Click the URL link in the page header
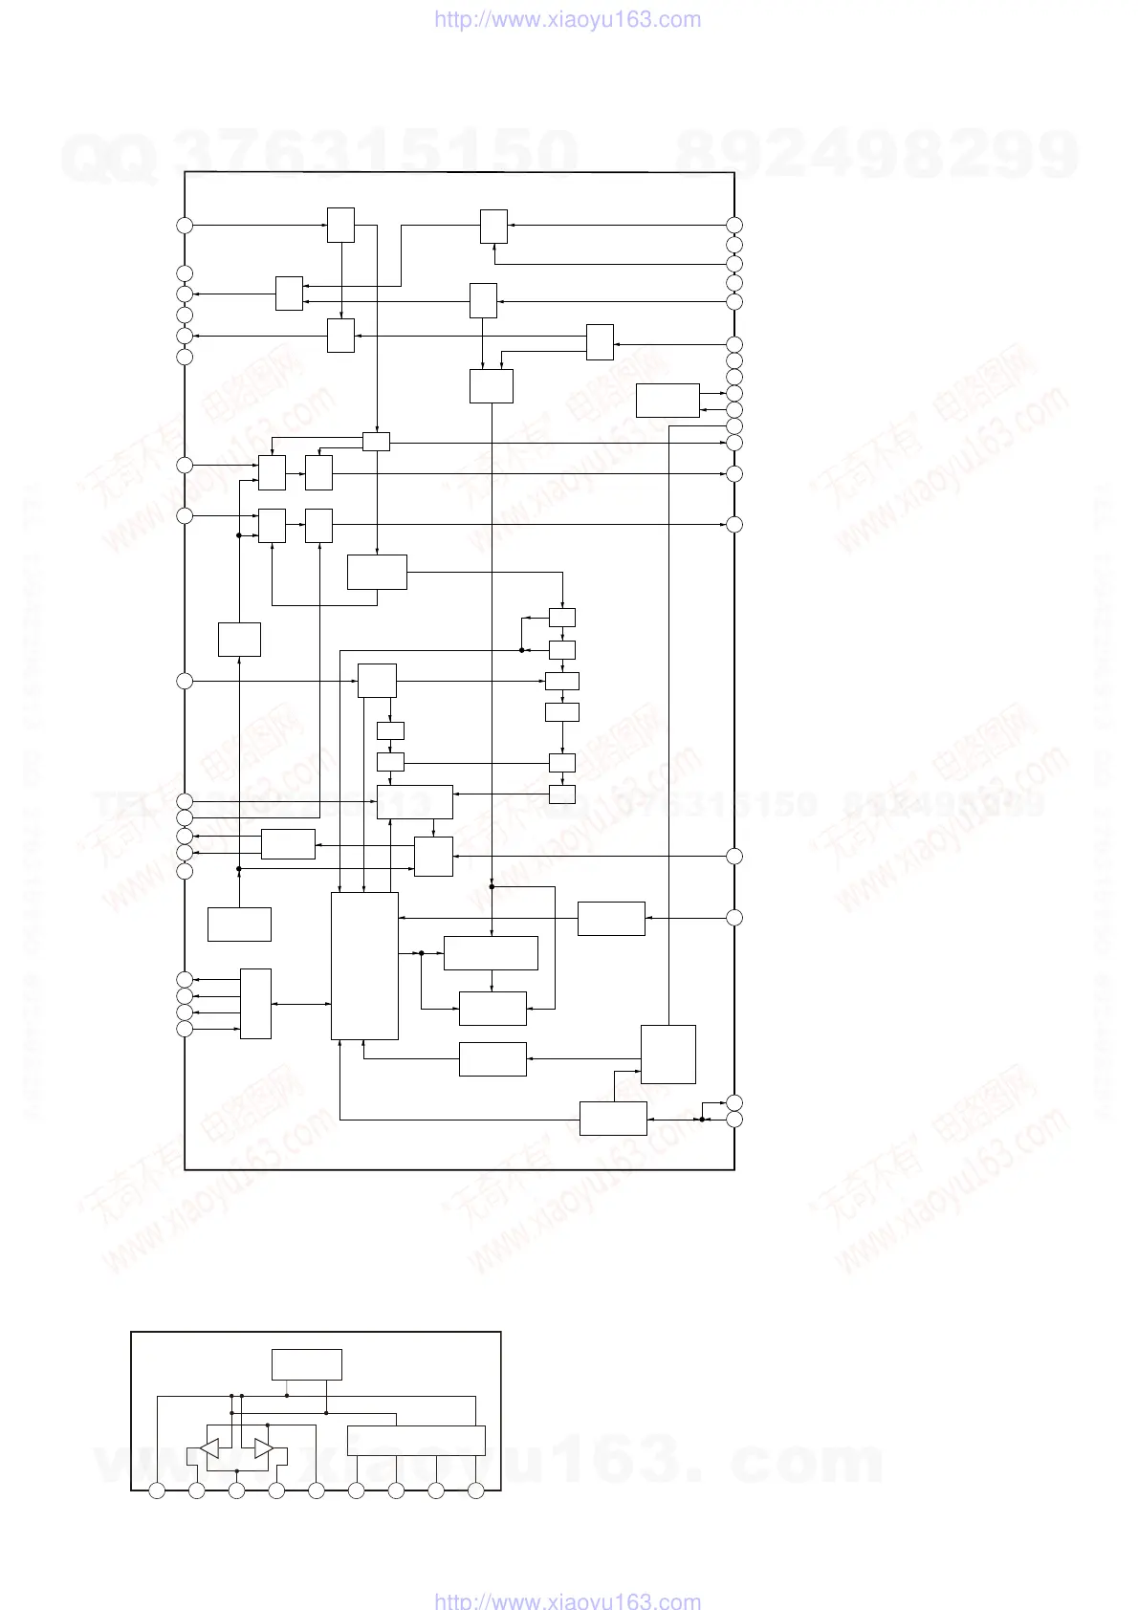[567, 19]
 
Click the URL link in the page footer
[567, 1601]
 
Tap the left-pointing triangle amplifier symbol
[209, 1447]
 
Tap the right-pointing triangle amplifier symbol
[263, 1447]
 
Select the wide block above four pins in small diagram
[416, 1440]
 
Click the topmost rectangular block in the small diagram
[306, 1364]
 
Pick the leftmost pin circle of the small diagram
[158, 1490]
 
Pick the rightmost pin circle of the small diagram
[476, 1490]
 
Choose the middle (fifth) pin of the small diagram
[317, 1490]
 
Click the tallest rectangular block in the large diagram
[364, 966]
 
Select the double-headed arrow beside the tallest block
[300, 1004]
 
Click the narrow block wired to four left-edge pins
[255, 1004]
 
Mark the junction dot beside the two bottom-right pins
[701, 1119]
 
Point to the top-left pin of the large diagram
[185, 225]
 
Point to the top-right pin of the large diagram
[734, 225]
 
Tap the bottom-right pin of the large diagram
[734, 1120]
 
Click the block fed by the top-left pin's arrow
[340, 225]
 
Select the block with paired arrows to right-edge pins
[667, 401]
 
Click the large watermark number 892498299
[877, 153]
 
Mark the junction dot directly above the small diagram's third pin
[232, 1412]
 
